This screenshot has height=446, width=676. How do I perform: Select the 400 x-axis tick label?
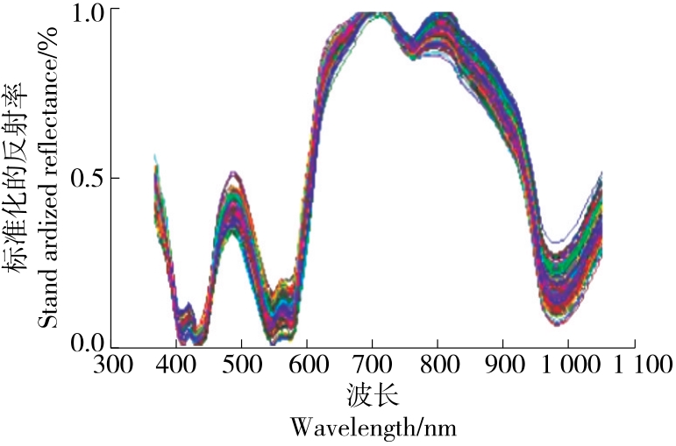177,363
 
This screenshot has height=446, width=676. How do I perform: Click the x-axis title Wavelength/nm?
374,428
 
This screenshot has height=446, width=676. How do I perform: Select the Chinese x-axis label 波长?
374,397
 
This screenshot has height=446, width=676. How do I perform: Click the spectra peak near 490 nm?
232,197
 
